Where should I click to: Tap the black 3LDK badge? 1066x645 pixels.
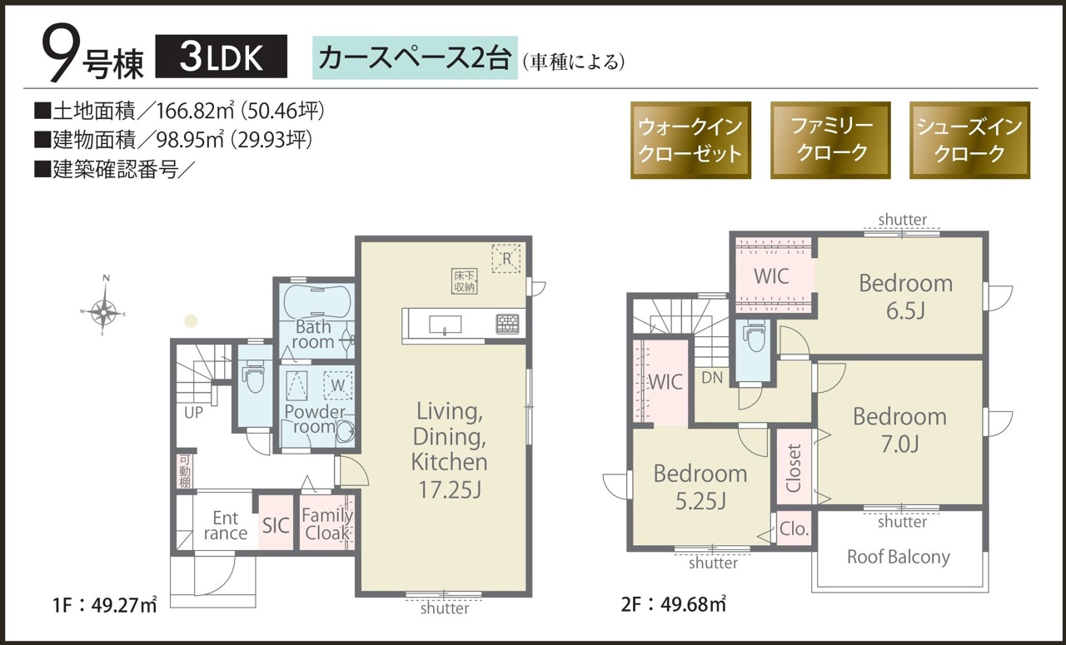(x=222, y=56)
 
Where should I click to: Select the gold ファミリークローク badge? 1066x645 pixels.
(x=830, y=140)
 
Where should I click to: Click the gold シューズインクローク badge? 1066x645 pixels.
(x=969, y=140)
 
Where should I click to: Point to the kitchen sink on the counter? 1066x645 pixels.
(x=445, y=325)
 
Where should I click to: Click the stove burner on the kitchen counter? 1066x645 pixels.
(x=508, y=324)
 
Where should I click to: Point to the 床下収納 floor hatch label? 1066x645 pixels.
(x=464, y=281)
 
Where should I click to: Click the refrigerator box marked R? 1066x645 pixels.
(x=506, y=258)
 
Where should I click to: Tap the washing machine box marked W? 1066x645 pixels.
(x=338, y=385)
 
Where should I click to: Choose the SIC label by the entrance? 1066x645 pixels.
(x=276, y=526)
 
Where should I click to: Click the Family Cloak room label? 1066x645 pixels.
(x=327, y=524)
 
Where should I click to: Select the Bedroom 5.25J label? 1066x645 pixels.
(x=700, y=487)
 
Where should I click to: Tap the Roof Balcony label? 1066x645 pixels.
(x=899, y=557)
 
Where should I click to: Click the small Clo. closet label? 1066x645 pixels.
(x=795, y=528)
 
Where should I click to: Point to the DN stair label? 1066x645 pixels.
(x=712, y=378)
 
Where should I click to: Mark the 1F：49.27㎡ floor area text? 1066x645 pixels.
(x=105, y=605)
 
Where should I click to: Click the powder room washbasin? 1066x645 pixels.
(x=345, y=431)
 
